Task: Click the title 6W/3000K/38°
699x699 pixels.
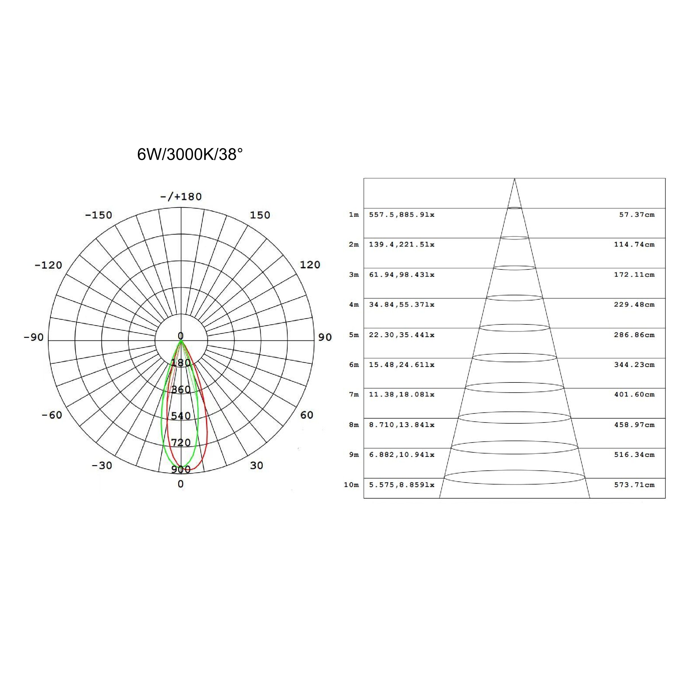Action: [190, 154]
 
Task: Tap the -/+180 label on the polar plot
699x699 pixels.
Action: [181, 196]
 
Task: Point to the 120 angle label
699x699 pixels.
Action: [310, 265]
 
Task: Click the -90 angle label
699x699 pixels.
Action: [33, 337]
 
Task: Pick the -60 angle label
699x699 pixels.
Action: [52, 415]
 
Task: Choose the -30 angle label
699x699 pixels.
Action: [102, 465]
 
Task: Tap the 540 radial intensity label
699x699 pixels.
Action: [181, 416]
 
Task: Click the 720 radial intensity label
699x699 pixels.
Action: [181, 442]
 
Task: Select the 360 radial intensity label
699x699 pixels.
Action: [181, 389]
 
